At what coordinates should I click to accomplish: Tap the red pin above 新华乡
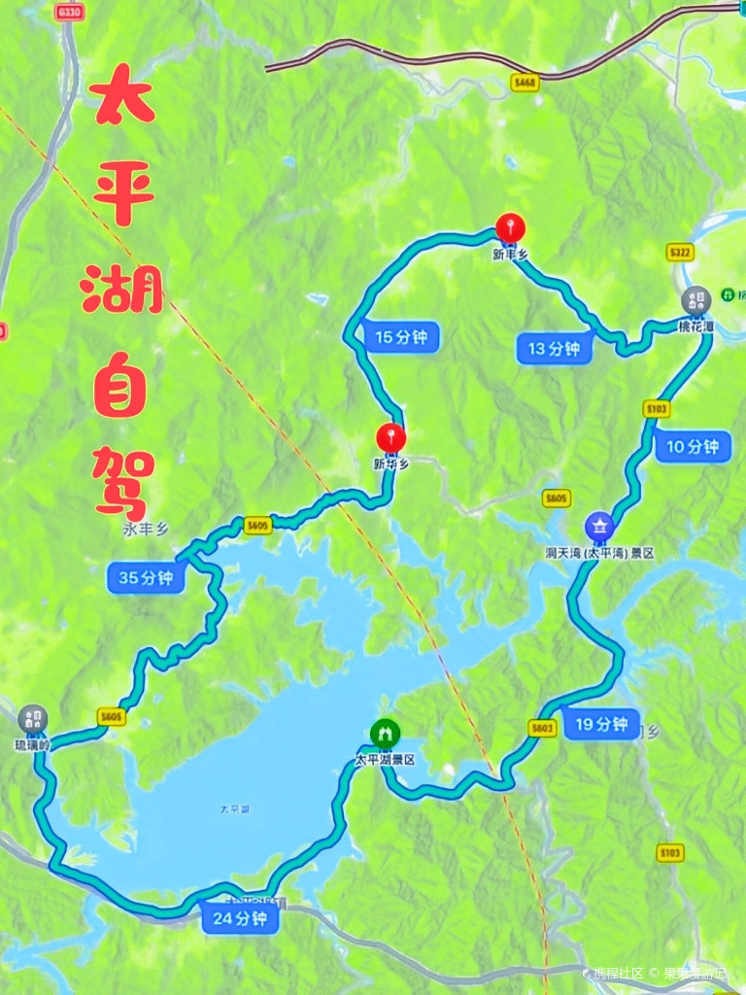point(390,438)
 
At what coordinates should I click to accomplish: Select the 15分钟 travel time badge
point(400,337)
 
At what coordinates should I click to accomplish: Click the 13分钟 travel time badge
point(555,348)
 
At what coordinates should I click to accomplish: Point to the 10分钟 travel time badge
point(693,446)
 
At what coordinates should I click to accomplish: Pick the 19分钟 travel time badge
point(601,724)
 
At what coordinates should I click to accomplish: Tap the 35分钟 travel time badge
point(146,577)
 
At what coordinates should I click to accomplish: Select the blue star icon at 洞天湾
point(599,526)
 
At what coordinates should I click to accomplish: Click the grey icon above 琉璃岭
point(32,719)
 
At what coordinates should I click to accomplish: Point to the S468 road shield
point(525,83)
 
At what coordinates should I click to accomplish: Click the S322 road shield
point(681,253)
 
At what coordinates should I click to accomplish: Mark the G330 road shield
point(69,12)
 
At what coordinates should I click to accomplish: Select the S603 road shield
point(543,727)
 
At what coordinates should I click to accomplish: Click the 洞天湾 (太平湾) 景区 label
point(599,552)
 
